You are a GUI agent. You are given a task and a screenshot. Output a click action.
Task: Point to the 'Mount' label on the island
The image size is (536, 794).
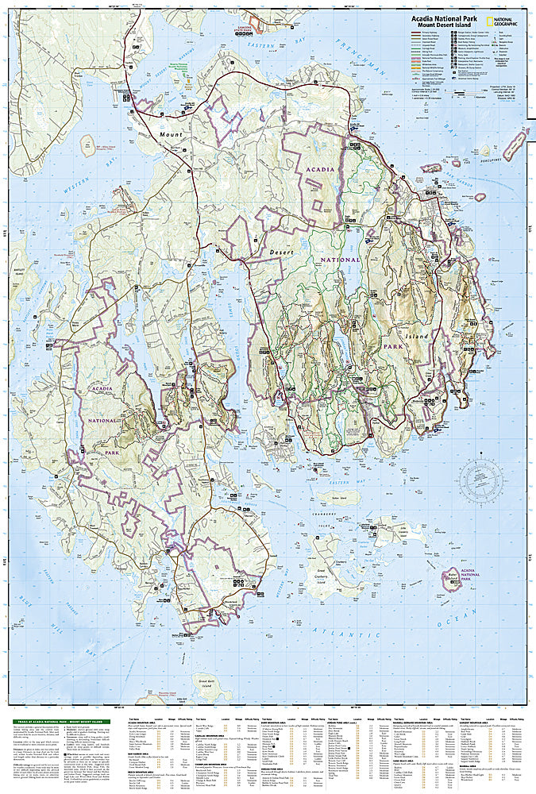[x=169, y=135]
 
